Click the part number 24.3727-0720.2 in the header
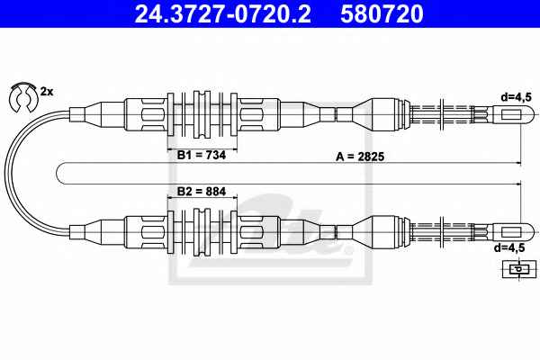(223, 14)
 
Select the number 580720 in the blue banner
(382, 14)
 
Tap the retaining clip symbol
(22, 97)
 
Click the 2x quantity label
(47, 92)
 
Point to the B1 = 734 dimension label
(202, 155)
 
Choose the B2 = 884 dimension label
(202, 191)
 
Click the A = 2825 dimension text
(360, 157)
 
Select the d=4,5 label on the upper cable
(517, 97)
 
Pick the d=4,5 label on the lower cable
(510, 247)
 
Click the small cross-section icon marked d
(519, 269)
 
